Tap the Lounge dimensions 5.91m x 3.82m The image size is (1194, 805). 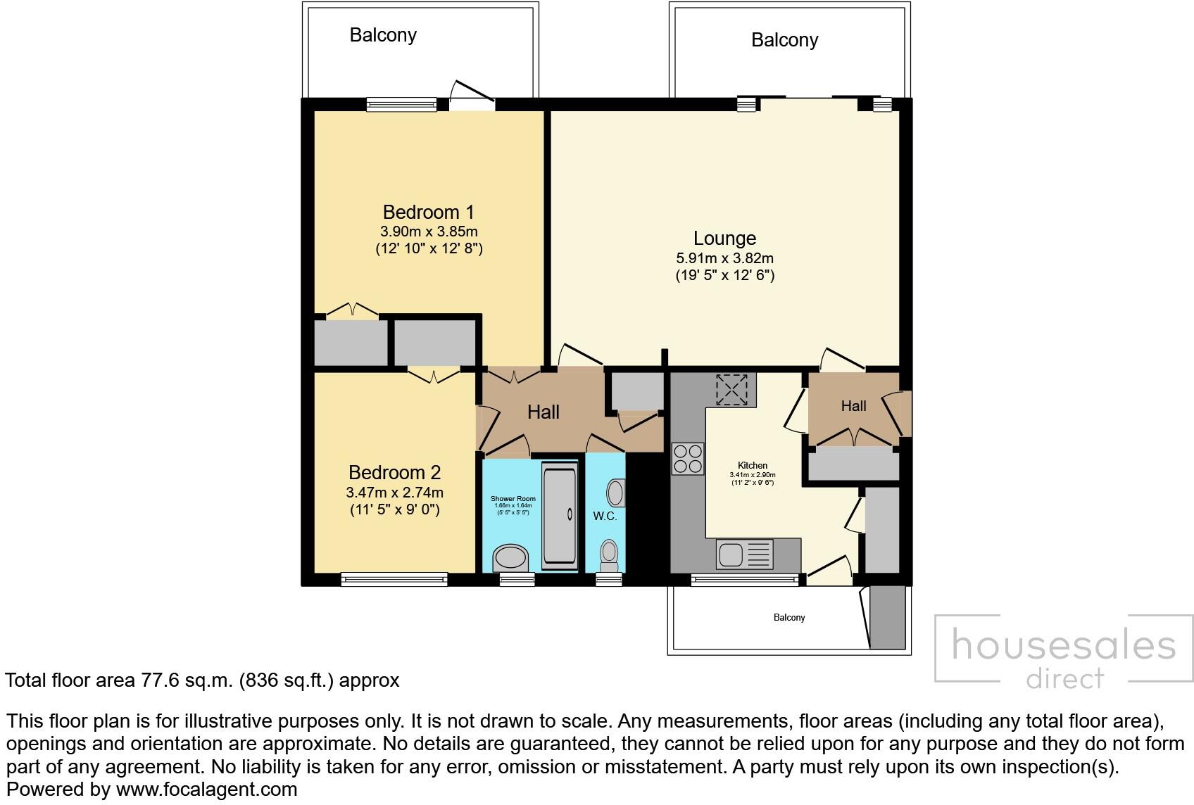724,258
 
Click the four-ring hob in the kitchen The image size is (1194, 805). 688,458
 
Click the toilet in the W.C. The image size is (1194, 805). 608,556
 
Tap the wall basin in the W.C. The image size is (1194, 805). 616,493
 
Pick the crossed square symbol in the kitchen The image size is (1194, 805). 732,389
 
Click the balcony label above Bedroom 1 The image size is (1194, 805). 383,35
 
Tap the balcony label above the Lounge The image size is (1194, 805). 784,40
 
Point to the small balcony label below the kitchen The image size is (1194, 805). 789,617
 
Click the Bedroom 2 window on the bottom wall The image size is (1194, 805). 394,580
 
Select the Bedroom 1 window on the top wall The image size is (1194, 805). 402,105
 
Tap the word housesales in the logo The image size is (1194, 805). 1063,645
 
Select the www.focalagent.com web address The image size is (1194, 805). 206,790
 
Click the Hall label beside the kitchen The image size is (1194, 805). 853,406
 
